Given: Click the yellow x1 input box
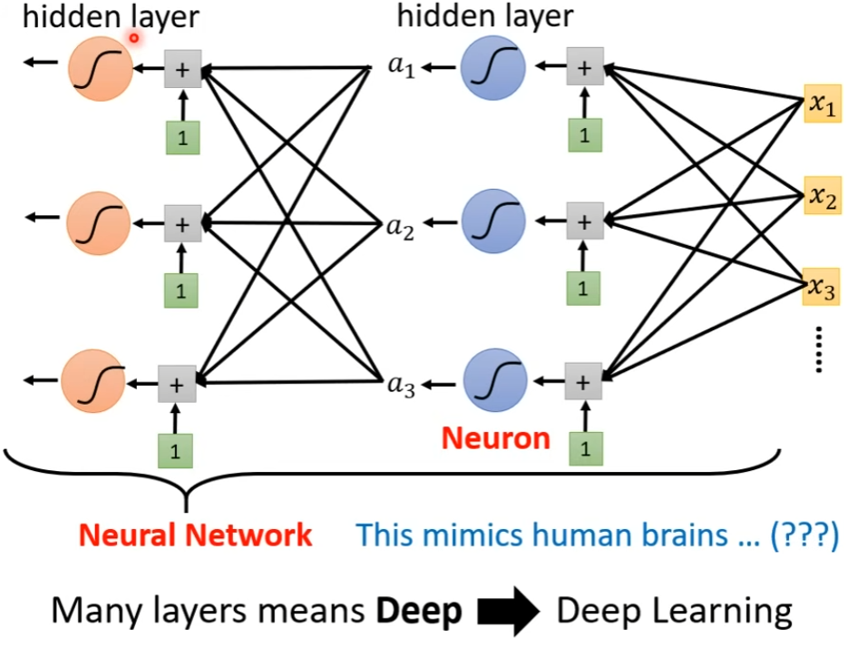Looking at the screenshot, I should pos(821,105).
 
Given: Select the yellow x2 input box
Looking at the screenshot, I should pos(821,195).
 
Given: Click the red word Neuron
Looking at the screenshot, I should pos(496,439).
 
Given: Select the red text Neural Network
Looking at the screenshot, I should pos(195,534).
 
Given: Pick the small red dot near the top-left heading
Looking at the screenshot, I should pos(135,38).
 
